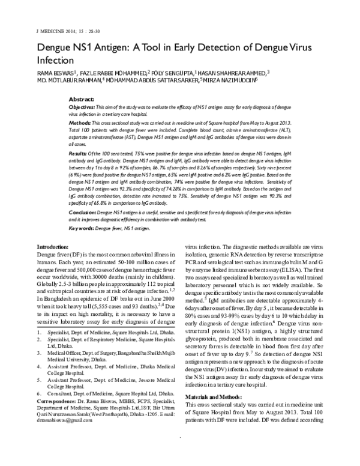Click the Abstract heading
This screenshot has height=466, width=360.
82,97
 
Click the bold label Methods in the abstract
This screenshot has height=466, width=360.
83,121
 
